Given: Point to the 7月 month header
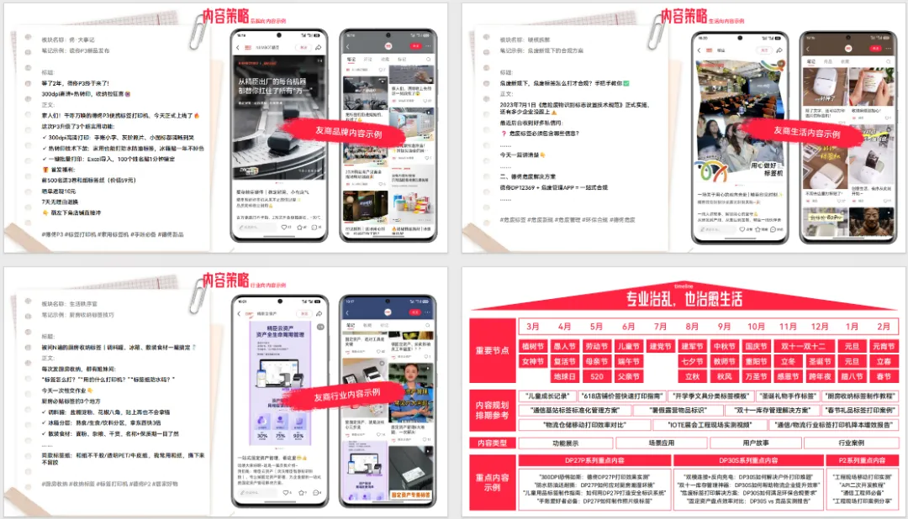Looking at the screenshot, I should (660, 326).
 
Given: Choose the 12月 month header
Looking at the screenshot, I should (821, 326).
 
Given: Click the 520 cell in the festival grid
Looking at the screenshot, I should (596, 376).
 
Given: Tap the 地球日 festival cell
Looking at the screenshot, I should (565, 376).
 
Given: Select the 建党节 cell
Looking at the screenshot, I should (660, 346).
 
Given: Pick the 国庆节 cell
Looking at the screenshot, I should (757, 346).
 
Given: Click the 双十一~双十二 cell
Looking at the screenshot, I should (804, 346).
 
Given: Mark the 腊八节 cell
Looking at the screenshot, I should (852, 376).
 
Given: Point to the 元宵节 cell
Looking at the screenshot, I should (884, 346).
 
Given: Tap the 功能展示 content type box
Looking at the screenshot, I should (566, 443).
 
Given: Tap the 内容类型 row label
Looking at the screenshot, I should (494, 443).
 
